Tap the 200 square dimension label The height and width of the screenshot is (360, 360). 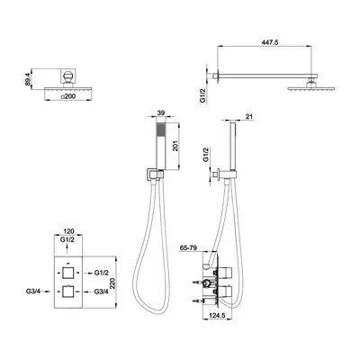click(67, 96)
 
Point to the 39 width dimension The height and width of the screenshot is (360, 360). click(161, 112)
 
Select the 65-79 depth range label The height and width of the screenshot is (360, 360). click(188, 247)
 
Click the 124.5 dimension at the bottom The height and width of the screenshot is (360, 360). click(217, 316)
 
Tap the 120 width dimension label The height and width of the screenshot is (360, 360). click(68, 231)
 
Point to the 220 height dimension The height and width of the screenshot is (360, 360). click(112, 283)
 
